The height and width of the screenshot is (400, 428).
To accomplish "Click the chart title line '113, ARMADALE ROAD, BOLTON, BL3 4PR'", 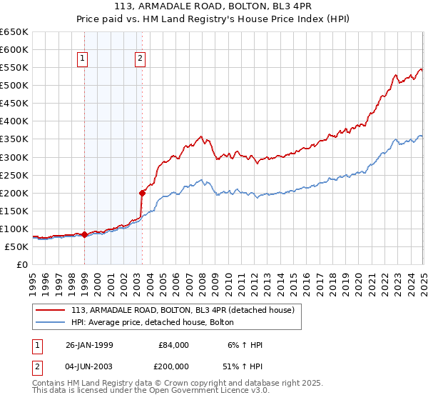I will [213, 7].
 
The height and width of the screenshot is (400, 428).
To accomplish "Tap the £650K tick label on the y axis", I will [14, 32].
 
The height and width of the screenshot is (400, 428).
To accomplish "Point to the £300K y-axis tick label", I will [14, 157].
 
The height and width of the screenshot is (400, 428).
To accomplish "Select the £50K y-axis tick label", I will [16, 246].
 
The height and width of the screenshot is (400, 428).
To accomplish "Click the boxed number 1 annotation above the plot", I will [83, 59].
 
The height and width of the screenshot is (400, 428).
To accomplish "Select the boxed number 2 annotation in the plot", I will [140, 59].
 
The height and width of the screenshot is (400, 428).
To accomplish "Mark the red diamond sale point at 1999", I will [85, 234].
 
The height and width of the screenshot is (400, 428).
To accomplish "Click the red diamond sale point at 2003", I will [142, 192].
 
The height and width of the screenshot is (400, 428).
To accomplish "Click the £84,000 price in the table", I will [173, 345].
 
